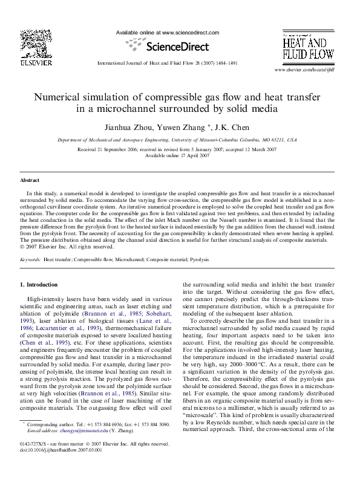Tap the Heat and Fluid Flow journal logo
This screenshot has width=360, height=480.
pos(307,48)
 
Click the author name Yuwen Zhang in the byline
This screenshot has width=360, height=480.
pos(189,128)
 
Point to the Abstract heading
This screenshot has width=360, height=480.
pos(30,180)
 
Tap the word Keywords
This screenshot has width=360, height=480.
pos(30,259)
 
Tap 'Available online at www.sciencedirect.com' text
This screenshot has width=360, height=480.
pos(167,33)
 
